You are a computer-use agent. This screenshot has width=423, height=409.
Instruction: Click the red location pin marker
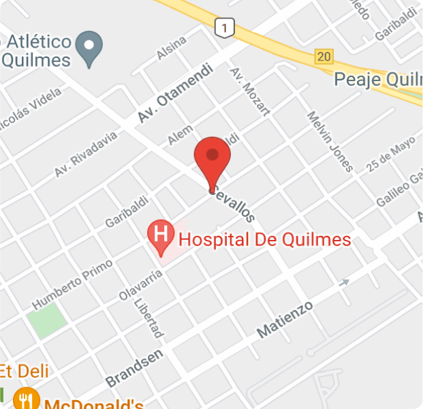pyautogui.click(x=213, y=158)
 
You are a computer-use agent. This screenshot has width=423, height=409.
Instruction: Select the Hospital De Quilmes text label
pyautogui.click(x=265, y=239)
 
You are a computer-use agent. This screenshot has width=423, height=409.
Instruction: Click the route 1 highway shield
pyautogui.click(x=223, y=27)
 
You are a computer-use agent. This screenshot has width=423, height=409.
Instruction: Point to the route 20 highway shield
pyautogui.click(x=324, y=57)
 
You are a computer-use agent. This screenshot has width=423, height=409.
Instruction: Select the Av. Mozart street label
pyautogui.click(x=250, y=91)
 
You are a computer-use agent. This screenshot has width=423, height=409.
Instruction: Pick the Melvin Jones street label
pyautogui.click(x=330, y=141)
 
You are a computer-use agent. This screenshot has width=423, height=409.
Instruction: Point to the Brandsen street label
pyautogui.click(x=134, y=368)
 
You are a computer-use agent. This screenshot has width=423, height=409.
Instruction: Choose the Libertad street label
pyautogui.click(x=148, y=318)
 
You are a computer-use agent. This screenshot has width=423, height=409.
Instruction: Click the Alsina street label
pyautogui.click(x=171, y=48)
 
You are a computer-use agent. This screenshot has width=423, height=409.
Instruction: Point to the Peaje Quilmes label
pyautogui.click(x=378, y=80)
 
